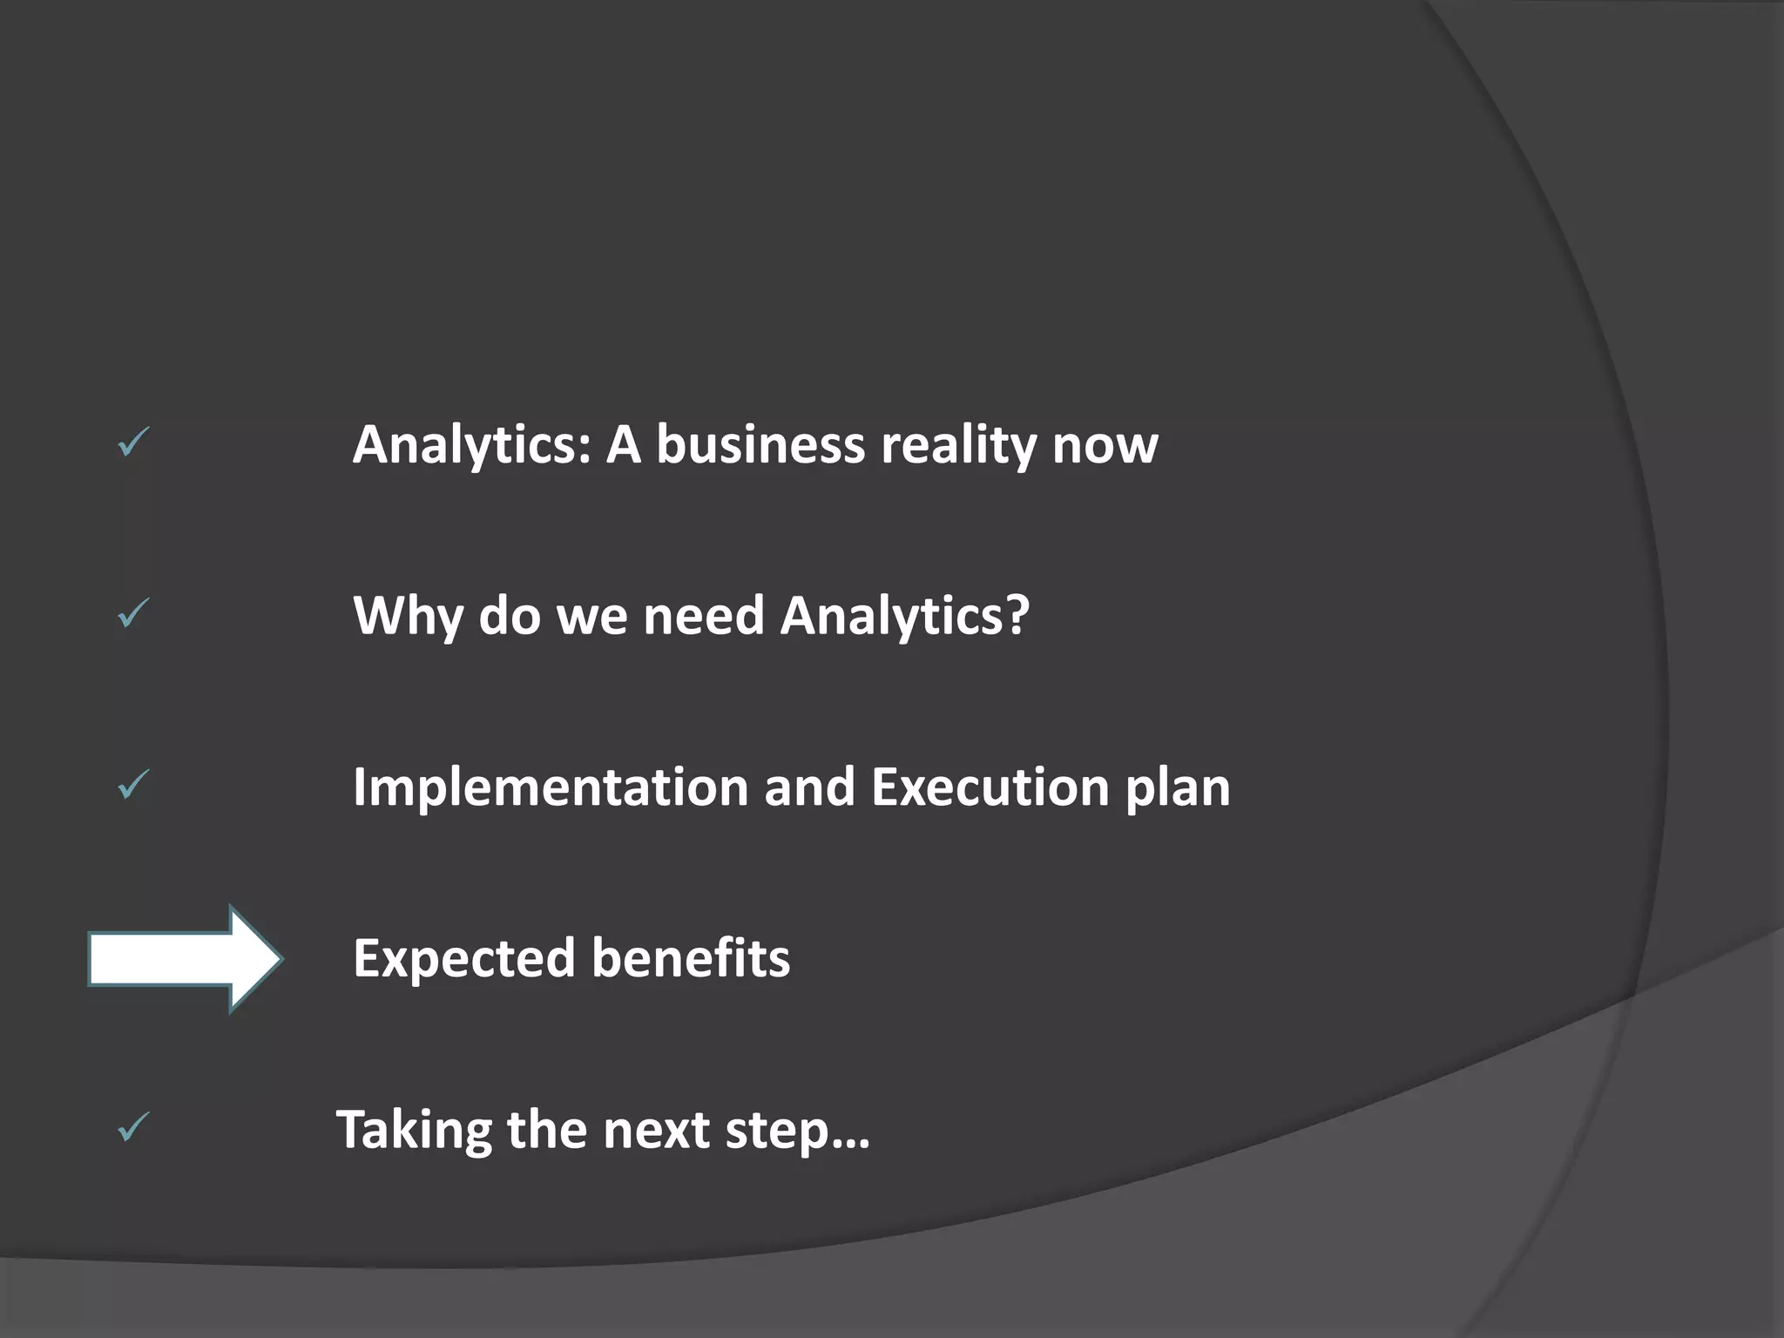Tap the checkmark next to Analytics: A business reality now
[x=133, y=443]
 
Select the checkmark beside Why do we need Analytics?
[x=133, y=613]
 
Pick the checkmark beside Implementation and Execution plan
[x=133, y=785]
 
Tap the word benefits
[x=691, y=959]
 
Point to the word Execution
[x=990, y=787]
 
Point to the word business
[x=760, y=444]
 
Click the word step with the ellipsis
[x=797, y=1132]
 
